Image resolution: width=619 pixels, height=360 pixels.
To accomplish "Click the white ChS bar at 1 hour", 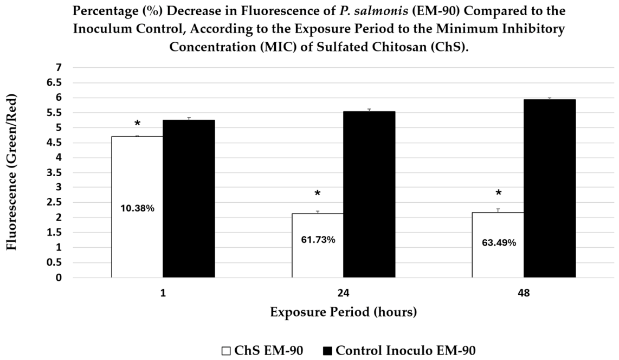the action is click(x=137, y=207).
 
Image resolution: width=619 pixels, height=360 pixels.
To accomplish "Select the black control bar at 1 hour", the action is click(x=189, y=198).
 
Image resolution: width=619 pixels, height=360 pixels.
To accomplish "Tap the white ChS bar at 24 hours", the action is click(x=318, y=246).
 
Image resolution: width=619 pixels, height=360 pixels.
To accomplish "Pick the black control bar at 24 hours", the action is click(x=369, y=194).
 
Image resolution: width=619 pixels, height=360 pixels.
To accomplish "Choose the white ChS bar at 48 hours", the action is click(x=498, y=245).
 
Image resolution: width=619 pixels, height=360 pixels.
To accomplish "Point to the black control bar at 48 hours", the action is click(x=550, y=188).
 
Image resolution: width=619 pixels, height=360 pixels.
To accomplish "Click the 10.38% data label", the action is click(x=137, y=208).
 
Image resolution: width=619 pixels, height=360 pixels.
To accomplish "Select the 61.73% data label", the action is click(x=318, y=240).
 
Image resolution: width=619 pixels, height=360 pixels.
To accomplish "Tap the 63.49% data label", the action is click(x=499, y=243).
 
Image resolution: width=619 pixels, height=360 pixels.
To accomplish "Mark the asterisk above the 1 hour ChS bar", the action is click(x=137, y=124).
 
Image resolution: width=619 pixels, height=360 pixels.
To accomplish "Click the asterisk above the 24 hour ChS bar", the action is click(x=318, y=194).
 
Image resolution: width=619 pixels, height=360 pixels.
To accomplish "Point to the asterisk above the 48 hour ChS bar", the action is click(x=499, y=193).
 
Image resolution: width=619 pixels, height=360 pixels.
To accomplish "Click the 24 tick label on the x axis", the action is click(x=344, y=293).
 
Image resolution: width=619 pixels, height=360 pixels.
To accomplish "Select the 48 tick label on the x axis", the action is click(x=524, y=293).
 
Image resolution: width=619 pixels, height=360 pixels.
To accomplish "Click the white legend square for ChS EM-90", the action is click(x=226, y=351).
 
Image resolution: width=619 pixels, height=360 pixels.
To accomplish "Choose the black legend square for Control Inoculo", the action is click(x=328, y=351).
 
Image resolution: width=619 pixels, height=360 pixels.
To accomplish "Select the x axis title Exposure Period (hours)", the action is click(x=344, y=312).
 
